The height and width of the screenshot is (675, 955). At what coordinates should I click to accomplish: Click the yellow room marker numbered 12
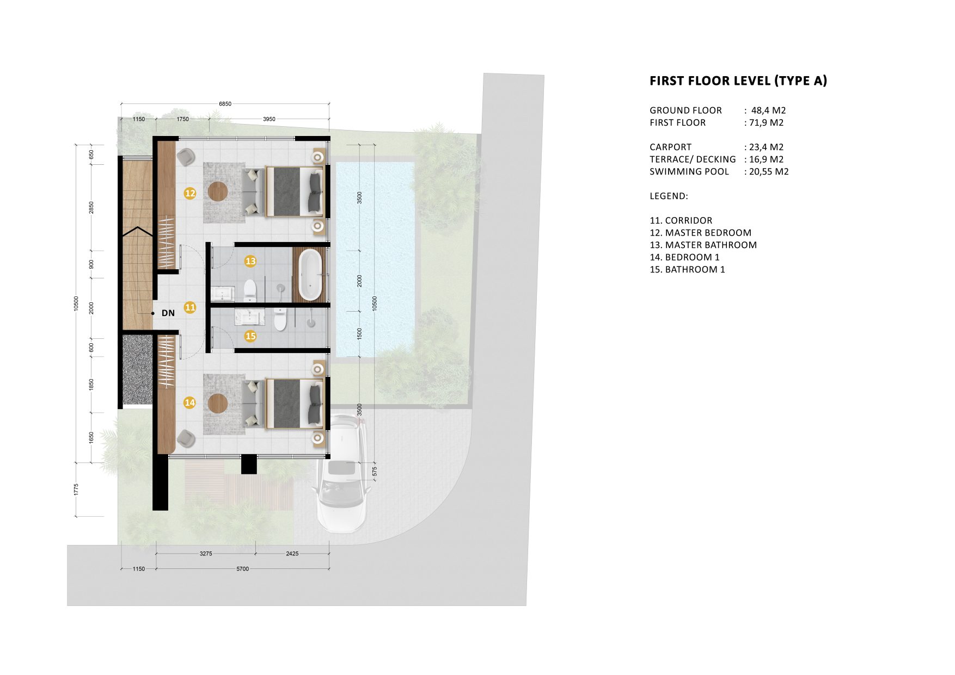pyautogui.click(x=190, y=193)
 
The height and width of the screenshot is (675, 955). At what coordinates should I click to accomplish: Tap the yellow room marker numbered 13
pyautogui.click(x=250, y=261)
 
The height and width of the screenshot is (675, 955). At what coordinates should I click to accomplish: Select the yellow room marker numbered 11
pyautogui.click(x=190, y=307)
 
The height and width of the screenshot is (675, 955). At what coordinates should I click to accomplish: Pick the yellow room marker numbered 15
pyautogui.click(x=250, y=336)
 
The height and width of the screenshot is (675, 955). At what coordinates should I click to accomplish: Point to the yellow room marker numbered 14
pyautogui.click(x=189, y=402)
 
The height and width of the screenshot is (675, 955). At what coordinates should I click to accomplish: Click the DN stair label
pyautogui.click(x=168, y=313)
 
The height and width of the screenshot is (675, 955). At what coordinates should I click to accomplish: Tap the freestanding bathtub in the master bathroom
pyautogui.click(x=310, y=275)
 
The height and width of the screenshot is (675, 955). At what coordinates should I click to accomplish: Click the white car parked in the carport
pyautogui.click(x=342, y=473)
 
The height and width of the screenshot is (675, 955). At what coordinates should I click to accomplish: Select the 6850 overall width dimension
pyautogui.click(x=225, y=104)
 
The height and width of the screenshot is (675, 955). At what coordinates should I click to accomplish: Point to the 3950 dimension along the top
pyautogui.click(x=269, y=119)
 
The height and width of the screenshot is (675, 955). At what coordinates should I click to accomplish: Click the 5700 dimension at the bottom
pyautogui.click(x=242, y=569)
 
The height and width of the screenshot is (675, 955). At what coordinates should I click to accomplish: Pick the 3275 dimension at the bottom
pyautogui.click(x=205, y=554)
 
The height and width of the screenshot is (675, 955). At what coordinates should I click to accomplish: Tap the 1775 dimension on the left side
pyautogui.click(x=77, y=489)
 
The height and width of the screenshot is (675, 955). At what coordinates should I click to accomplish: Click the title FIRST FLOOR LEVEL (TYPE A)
pyautogui.click(x=738, y=81)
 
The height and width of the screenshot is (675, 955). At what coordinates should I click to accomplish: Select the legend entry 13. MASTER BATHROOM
pyautogui.click(x=703, y=245)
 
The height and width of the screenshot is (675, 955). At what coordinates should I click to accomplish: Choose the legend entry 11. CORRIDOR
pyautogui.click(x=681, y=220)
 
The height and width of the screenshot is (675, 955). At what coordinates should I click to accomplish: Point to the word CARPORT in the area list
pyautogui.click(x=670, y=147)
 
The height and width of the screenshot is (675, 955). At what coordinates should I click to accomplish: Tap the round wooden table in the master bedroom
pyautogui.click(x=218, y=191)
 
